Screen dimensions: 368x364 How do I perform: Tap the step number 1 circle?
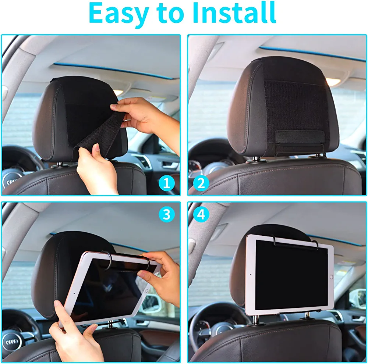(166, 183)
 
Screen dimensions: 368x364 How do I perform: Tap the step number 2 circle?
(201, 183)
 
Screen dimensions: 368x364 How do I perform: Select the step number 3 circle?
(166, 214)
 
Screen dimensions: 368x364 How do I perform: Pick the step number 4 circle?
(201, 214)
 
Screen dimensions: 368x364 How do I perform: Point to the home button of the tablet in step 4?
(331, 277)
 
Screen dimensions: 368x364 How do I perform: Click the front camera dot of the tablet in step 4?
(251, 274)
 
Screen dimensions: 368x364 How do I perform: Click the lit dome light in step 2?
(333, 82)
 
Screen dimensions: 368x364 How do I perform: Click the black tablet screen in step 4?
(291, 275)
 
